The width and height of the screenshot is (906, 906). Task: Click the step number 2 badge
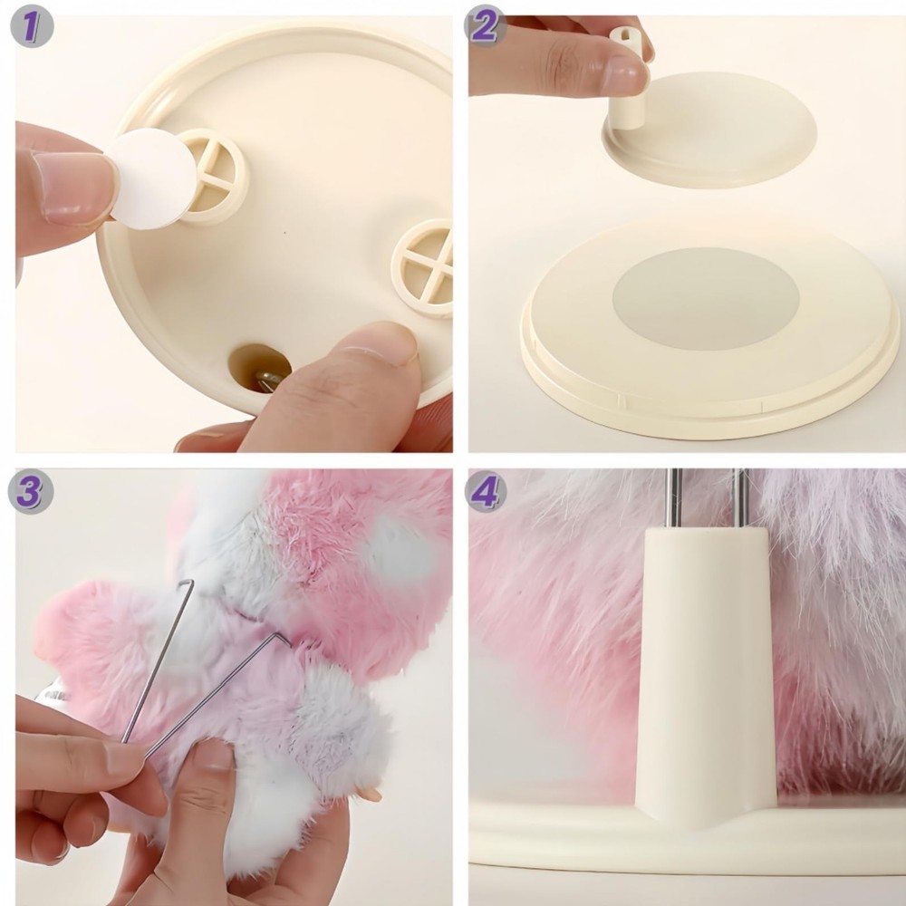(486, 28)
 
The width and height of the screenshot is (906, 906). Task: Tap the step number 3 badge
(31, 492)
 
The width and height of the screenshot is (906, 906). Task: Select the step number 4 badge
(486, 492)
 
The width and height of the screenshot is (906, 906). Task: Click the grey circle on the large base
(707, 299)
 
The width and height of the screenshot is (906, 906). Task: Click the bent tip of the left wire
(186, 584)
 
